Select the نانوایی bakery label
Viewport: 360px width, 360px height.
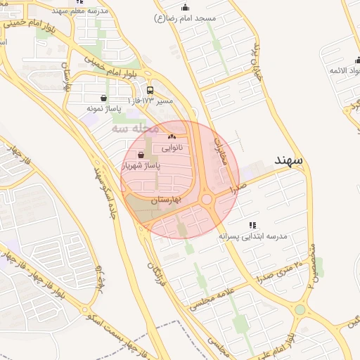[x=172, y=148]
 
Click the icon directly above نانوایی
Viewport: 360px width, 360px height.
[x=172, y=136]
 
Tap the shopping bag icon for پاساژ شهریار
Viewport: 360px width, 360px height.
[x=142, y=155]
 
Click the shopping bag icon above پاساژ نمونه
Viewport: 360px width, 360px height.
[x=104, y=98]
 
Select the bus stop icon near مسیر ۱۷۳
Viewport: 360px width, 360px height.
[x=150, y=90]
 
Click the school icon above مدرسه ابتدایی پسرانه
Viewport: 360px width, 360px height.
[x=252, y=225]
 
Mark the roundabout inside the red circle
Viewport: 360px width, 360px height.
[x=207, y=200]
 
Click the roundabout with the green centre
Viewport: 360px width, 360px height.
[x=300, y=309]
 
